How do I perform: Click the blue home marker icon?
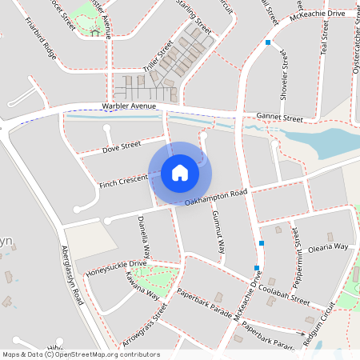(180, 172)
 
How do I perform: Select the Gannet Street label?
(279, 118)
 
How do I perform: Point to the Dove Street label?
(122, 146)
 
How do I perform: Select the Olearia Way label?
(329, 247)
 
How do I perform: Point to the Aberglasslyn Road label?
(73, 276)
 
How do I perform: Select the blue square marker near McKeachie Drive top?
(269, 42)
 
